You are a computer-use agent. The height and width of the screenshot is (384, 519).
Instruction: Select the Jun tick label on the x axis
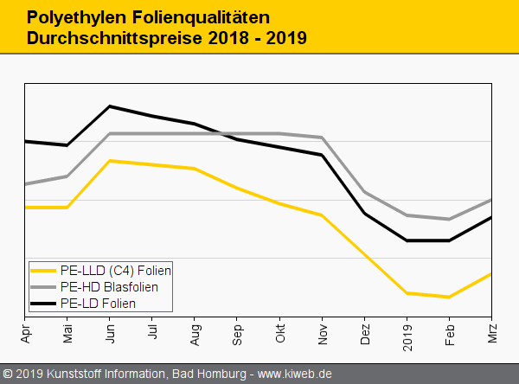click(110, 330)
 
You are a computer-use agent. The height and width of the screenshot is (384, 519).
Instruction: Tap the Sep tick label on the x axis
click(237, 330)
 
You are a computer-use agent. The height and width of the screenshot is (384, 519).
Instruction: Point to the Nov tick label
click(322, 330)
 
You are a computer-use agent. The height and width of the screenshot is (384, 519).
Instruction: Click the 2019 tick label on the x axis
click(407, 332)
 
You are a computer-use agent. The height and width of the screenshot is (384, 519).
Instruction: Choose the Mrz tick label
click(492, 330)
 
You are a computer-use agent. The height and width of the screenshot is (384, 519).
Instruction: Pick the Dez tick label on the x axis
click(364, 330)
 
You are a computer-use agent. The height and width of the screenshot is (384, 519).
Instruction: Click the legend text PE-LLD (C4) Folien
click(116, 270)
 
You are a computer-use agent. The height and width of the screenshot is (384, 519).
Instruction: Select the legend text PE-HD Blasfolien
click(109, 286)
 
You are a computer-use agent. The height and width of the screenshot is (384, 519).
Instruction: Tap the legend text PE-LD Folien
click(98, 303)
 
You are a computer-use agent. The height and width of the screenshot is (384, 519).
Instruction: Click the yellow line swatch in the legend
click(43, 270)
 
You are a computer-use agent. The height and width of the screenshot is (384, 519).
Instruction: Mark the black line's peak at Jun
click(110, 106)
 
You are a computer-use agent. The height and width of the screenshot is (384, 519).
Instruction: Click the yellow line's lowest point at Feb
click(449, 297)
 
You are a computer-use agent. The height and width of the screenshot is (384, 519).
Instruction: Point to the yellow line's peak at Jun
click(110, 161)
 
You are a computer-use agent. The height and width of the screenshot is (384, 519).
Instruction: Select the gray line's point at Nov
click(322, 138)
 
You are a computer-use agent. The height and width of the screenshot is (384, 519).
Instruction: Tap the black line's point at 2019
click(407, 240)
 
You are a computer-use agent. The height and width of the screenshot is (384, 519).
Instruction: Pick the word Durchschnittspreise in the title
click(112, 39)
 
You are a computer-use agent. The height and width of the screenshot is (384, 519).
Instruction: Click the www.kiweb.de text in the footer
click(295, 374)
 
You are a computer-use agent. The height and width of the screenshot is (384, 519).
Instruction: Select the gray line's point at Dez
click(364, 192)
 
